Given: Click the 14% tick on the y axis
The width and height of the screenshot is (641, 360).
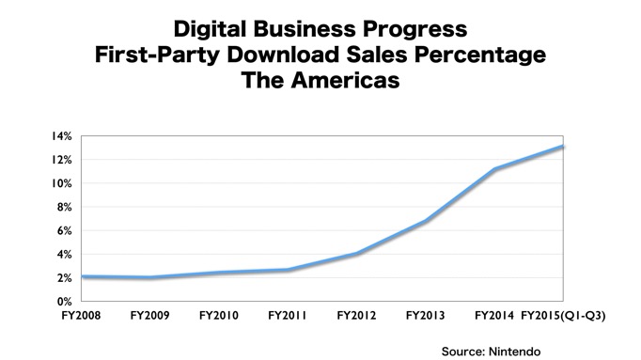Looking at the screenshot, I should (61, 136).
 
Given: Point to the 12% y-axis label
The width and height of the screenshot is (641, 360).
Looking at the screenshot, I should (61, 160).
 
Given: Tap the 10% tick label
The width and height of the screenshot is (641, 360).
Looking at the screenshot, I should (61, 183).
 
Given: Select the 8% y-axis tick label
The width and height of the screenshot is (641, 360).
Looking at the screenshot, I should (64, 207).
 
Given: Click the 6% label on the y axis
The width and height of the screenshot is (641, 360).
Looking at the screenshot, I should (64, 230).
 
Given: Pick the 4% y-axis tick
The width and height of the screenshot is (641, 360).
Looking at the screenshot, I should (64, 254).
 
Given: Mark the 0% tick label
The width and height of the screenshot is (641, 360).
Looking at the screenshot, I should (64, 301).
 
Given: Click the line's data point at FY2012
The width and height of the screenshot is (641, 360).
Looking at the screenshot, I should (356, 254).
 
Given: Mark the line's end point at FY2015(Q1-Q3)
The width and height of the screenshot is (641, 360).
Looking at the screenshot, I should (562, 147).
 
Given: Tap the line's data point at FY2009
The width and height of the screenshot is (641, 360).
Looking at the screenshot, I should (150, 278).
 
